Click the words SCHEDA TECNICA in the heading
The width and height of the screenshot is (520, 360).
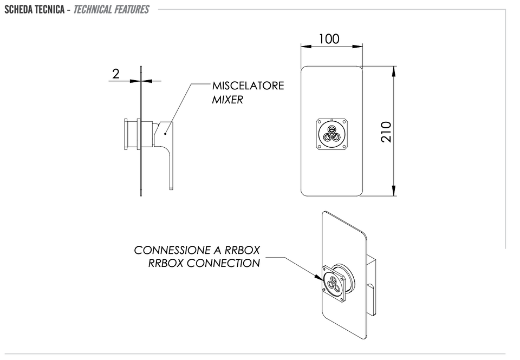click(35, 9)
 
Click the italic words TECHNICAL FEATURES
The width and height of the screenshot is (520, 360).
click(111, 9)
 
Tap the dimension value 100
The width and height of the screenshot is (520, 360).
click(329, 39)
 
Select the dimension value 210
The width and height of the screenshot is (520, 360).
click(386, 132)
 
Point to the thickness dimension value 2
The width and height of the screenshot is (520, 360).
click(116, 74)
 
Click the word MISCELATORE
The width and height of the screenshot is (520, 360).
click(248, 86)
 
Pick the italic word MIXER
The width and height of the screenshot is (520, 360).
click(227, 100)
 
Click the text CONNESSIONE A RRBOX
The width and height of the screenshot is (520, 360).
click(197, 250)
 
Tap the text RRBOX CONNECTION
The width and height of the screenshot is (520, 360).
click(204, 263)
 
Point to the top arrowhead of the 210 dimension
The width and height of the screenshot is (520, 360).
click(394, 71)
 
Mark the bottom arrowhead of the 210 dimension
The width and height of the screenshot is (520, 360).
click(394, 191)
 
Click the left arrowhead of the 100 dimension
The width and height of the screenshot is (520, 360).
click(305, 47)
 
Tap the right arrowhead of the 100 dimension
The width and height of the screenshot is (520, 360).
click(357, 47)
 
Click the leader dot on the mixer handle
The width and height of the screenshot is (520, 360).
click(165, 134)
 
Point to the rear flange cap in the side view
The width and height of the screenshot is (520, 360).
click(126, 134)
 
